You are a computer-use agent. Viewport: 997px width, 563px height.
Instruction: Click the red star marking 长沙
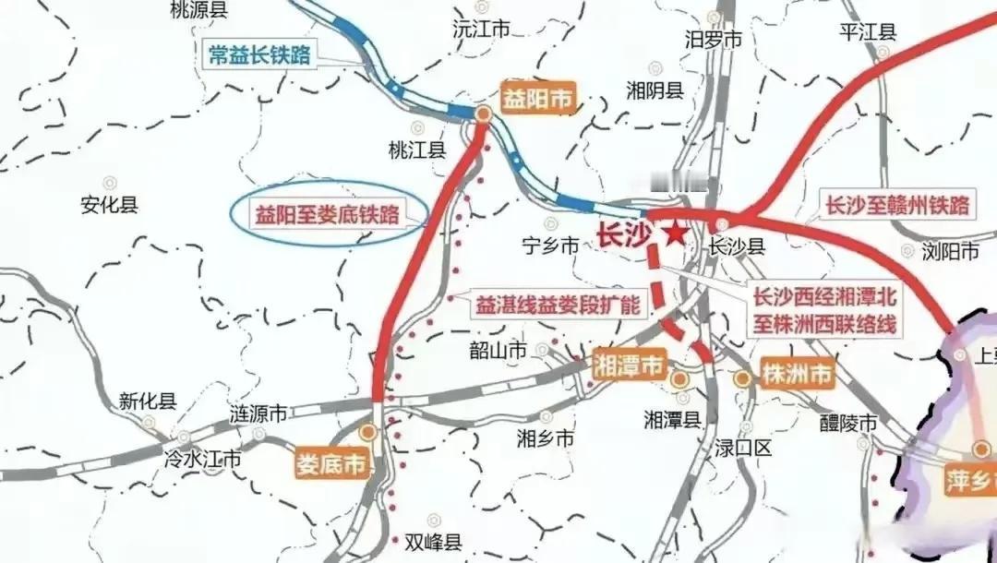point(675,234)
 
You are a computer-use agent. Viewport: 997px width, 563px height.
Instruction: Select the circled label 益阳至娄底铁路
point(328,216)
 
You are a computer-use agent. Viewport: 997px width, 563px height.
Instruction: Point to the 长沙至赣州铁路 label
point(897,205)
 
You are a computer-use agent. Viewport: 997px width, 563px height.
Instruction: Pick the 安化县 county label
point(109,204)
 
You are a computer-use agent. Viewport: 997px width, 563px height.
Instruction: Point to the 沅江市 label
point(481,30)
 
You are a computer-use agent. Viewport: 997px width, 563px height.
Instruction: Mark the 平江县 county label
point(867,31)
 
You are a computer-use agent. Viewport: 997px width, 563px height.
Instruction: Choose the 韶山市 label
point(498,351)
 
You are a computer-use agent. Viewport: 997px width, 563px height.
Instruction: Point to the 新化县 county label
point(148,401)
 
